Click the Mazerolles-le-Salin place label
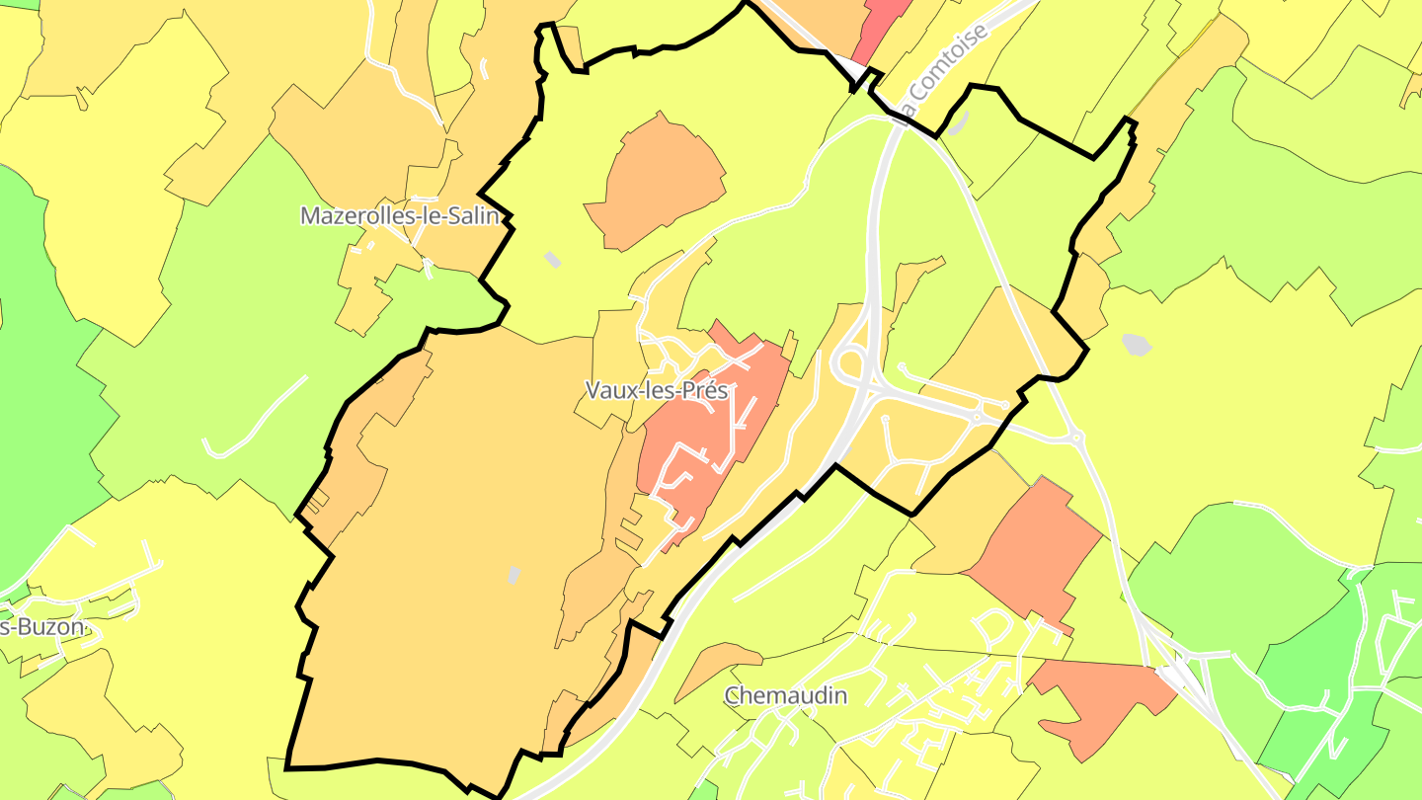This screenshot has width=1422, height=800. pos(400,215)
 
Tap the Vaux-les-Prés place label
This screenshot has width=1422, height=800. pos(656,390)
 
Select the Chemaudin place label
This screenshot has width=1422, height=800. pos(785,695)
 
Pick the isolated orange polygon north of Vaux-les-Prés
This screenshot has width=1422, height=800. pos(657,183)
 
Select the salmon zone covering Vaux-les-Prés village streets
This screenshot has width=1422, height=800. pos(706,435)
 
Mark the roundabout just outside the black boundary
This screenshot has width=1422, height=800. pos(1075,436)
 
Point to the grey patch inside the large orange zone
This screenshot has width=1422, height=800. pos(513,574)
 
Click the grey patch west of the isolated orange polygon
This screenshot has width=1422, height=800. pos(552,259)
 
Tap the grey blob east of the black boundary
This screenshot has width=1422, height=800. pos(1138,345)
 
